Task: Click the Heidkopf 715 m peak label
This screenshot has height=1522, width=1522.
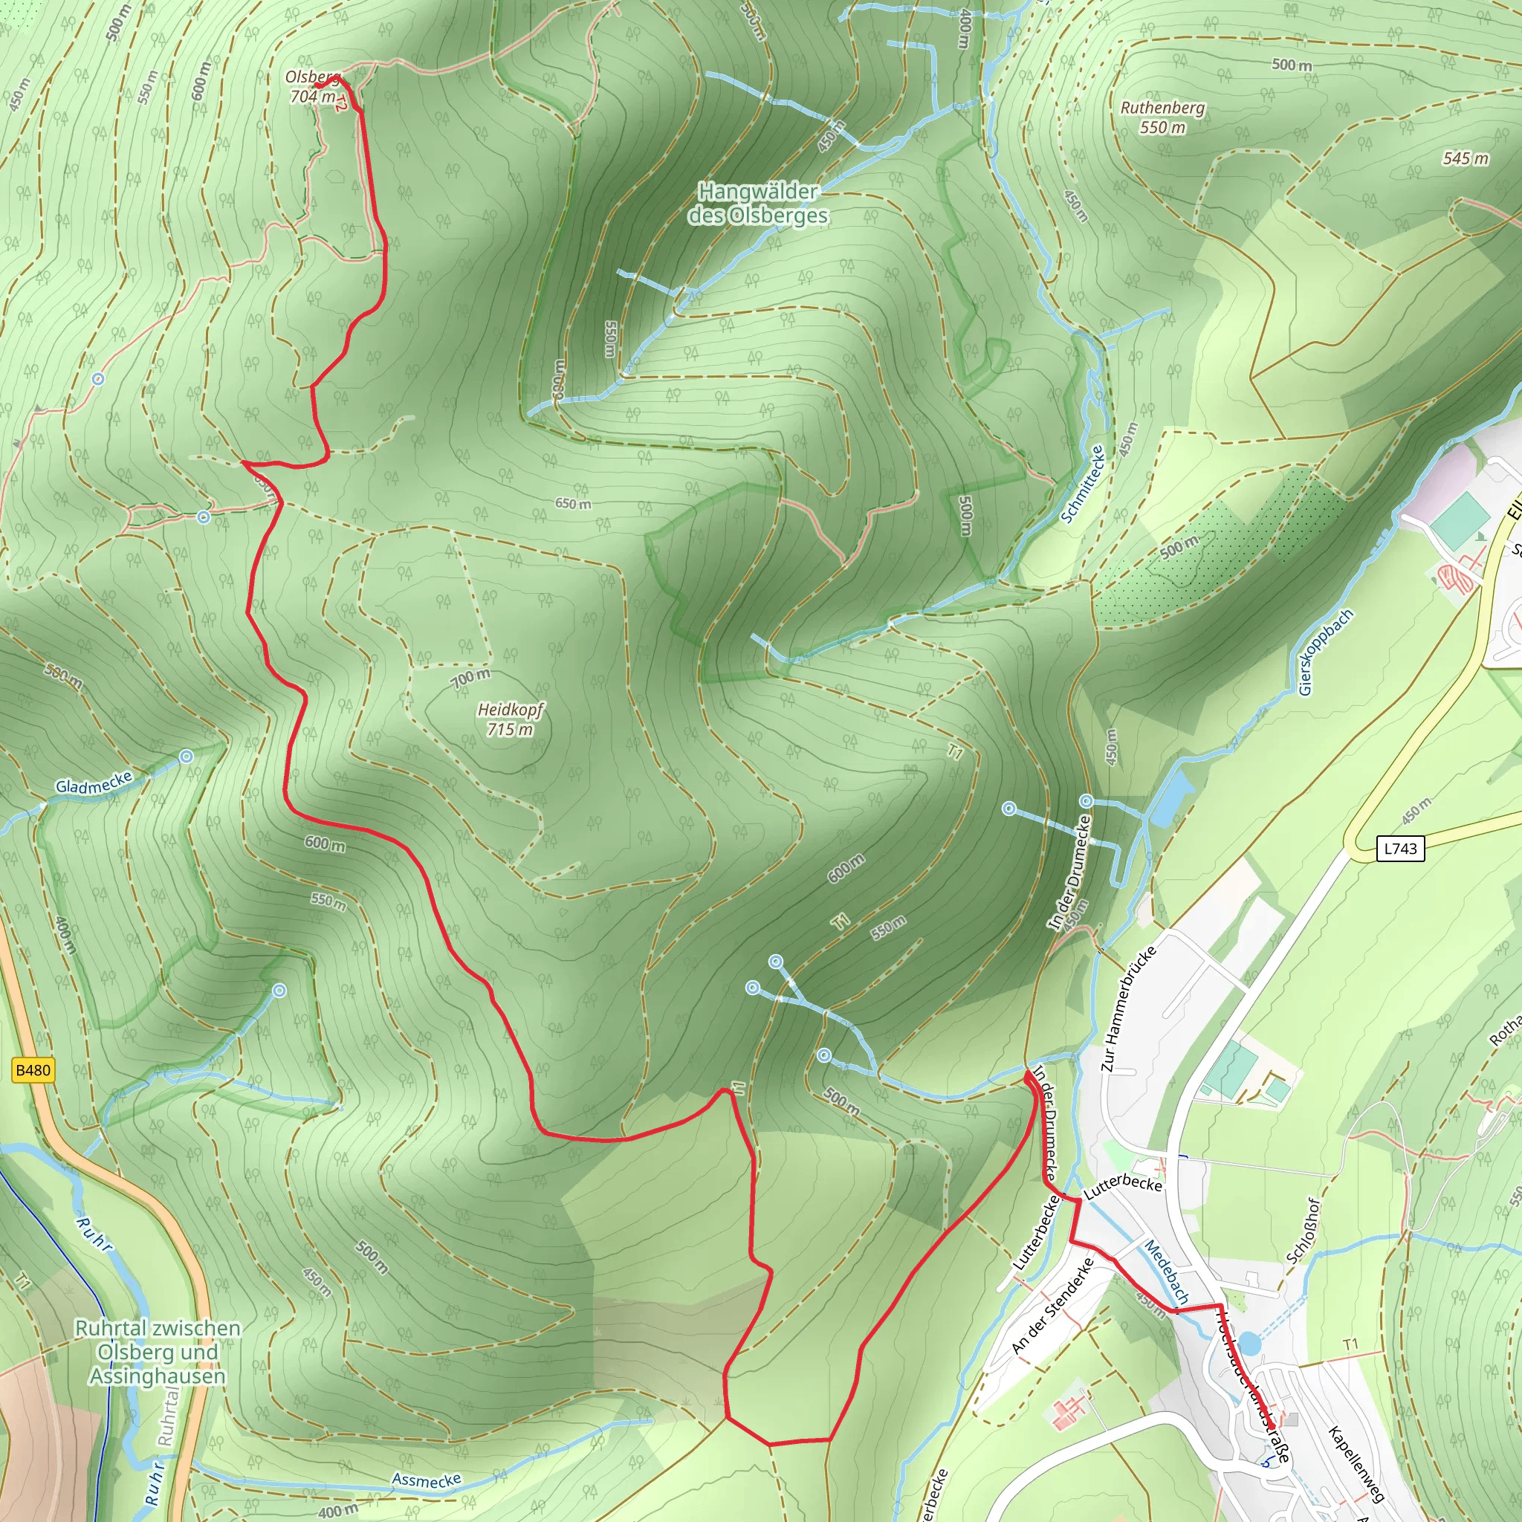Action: [x=511, y=719]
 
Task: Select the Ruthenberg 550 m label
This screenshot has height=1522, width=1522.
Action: [x=1163, y=117]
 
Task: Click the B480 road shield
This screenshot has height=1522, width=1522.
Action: [x=33, y=1070]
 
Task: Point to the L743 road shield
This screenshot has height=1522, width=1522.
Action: [x=1400, y=849]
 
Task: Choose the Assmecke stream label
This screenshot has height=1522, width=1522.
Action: [x=426, y=1480]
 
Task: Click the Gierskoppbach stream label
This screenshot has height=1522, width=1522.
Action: [x=1325, y=652]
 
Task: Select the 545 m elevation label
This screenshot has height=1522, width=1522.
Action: [x=1466, y=158]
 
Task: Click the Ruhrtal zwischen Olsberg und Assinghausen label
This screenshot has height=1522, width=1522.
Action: [x=158, y=1352]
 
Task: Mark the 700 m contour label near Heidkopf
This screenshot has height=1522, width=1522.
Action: [x=471, y=678]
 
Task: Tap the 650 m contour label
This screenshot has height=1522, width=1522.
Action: [x=573, y=503]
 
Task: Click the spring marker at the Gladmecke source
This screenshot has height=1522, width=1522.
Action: [x=186, y=757]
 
